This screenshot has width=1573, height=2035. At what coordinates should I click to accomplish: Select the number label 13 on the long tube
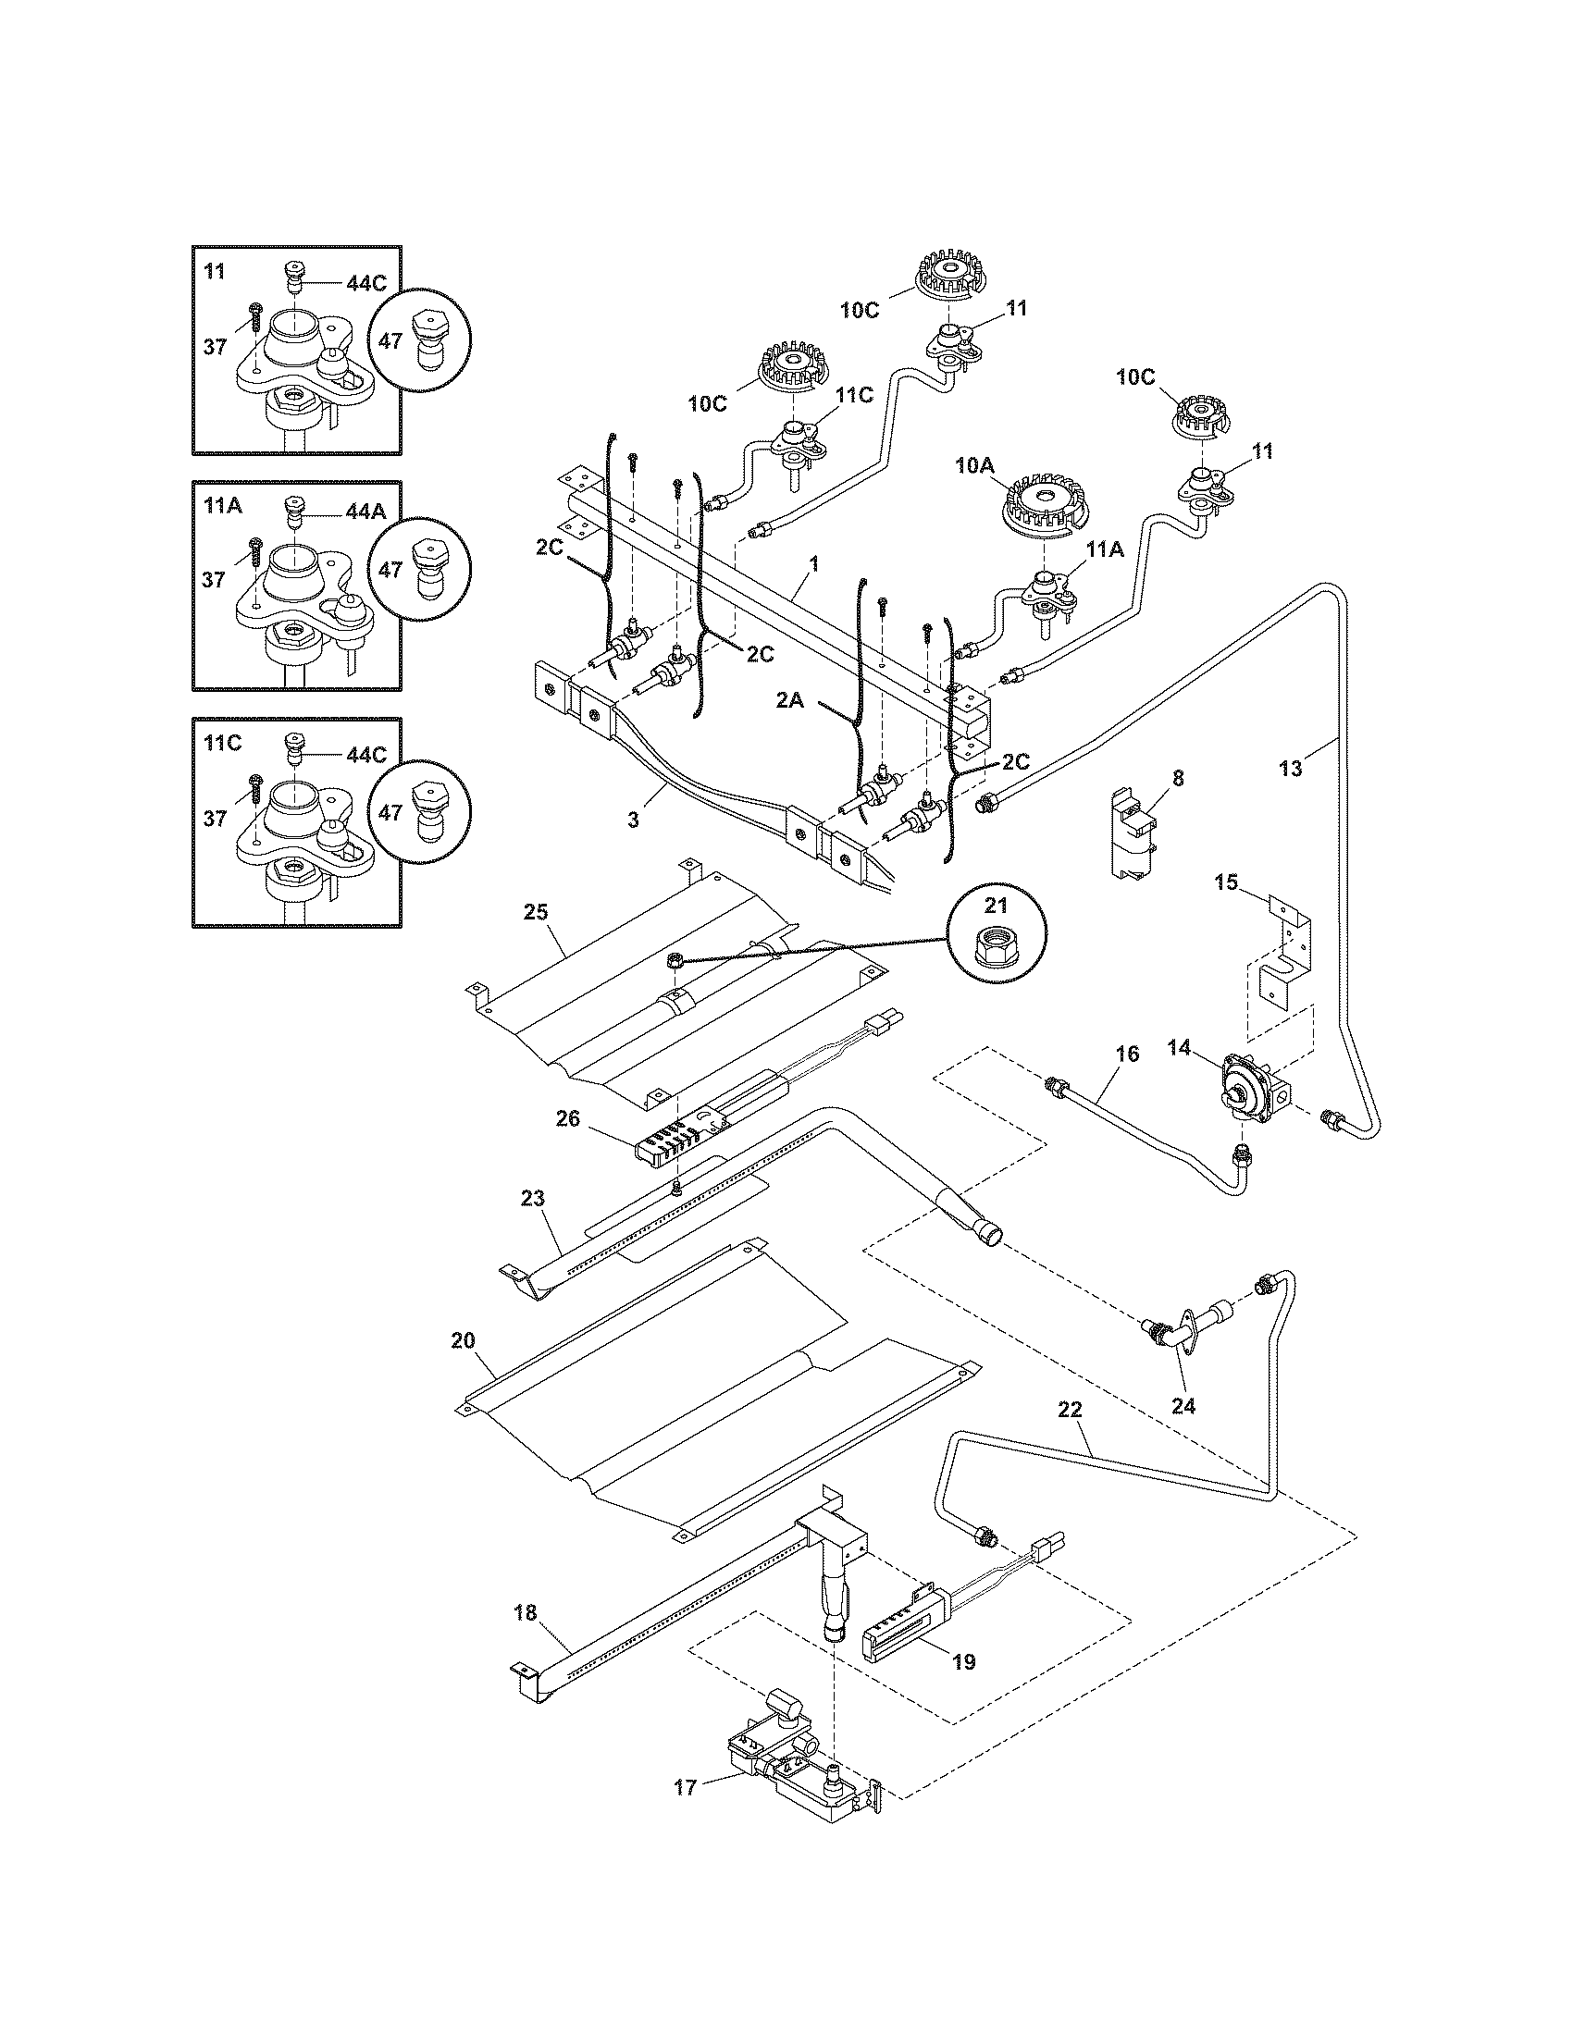click(x=1290, y=769)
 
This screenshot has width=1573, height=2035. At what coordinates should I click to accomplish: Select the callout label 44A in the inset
click(x=365, y=511)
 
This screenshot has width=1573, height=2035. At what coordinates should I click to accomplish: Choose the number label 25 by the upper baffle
click(x=535, y=911)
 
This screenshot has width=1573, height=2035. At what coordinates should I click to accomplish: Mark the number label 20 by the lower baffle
click(x=463, y=1341)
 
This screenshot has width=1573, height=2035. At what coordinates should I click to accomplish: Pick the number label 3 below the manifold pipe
click(x=633, y=820)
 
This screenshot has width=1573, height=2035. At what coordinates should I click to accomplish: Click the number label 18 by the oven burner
click(x=526, y=1612)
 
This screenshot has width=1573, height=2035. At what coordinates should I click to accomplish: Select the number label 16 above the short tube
click(x=1127, y=1054)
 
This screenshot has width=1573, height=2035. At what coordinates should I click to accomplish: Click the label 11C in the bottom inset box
click(x=222, y=742)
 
